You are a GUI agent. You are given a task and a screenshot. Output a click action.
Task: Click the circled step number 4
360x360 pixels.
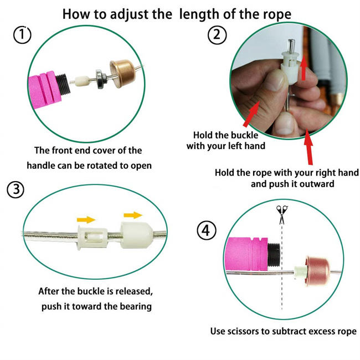206,230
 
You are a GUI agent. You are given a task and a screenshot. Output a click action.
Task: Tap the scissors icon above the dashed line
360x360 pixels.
282,213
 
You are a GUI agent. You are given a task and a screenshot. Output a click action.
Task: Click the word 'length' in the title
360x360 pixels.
203,13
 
